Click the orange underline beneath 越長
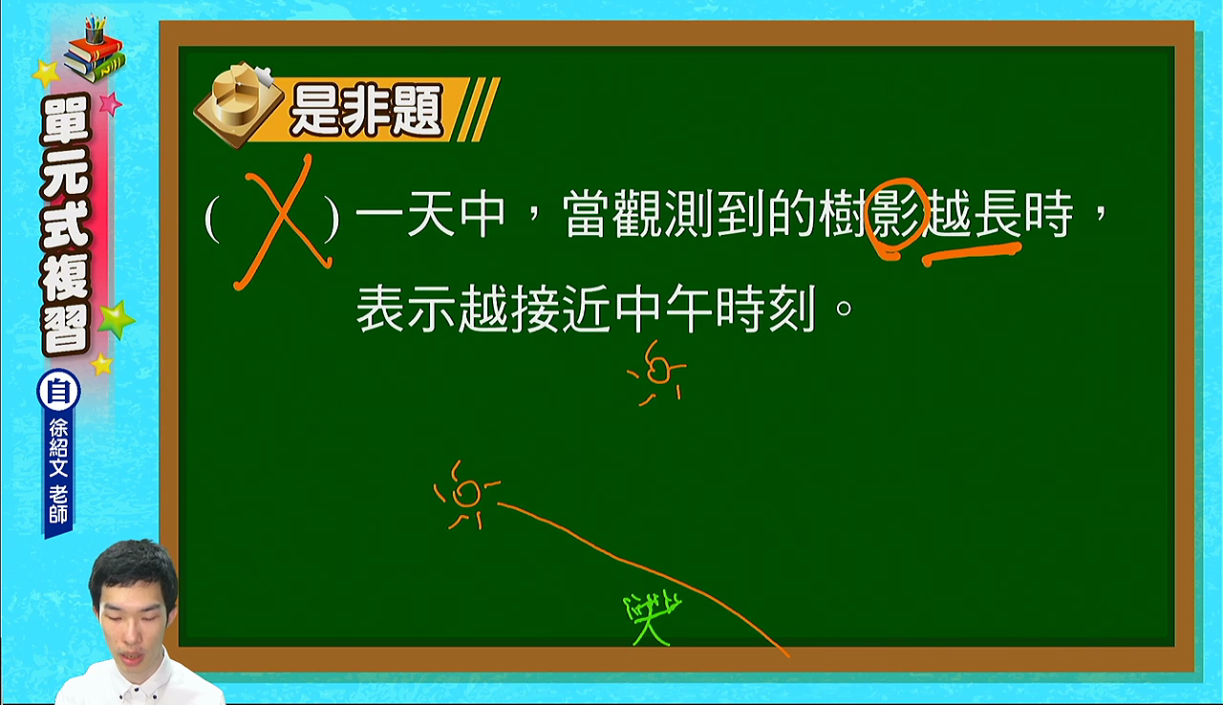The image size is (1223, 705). tap(972, 254)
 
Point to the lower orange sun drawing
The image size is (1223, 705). tap(465, 495)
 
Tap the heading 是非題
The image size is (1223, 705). tap(366, 110)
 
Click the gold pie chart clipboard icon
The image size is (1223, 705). tap(239, 104)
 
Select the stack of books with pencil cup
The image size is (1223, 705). tap(95, 49)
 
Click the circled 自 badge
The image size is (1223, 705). tap(58, 391)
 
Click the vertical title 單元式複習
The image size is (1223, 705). tap(65, 224)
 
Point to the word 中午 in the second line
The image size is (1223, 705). tap(663, 309)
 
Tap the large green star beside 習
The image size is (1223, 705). tap(116, 319)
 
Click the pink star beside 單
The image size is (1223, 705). tap(110, 103)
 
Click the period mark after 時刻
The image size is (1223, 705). tap(844, 309)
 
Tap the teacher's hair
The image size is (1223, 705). tap(135, 567)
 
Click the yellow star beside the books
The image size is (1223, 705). tap(47, 74)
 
